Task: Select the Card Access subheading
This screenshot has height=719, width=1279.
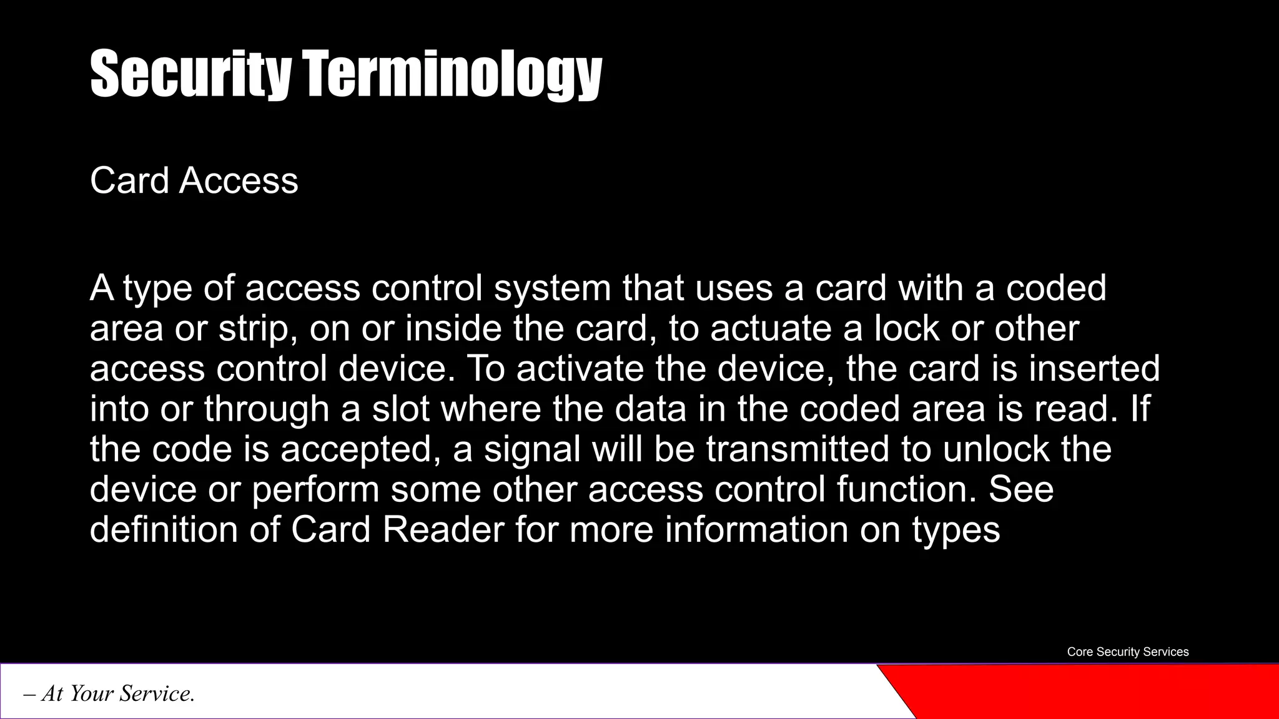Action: [194, 181]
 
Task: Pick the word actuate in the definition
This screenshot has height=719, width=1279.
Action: [771, 329]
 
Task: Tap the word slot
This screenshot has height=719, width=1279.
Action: [401, 409]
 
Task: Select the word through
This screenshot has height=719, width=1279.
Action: [267, 409]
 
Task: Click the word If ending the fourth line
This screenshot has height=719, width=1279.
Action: [1140, 409]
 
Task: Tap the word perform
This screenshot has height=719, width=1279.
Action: [315, 489]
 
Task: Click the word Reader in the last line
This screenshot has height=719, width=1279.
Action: [443, 530]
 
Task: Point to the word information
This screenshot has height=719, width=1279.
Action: [756, 530]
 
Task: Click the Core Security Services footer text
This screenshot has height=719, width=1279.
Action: [1127, 652]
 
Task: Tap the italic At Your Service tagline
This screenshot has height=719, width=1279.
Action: [109, 693]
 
